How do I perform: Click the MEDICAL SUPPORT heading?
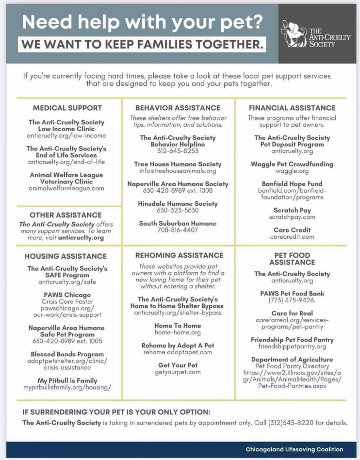[67, 108]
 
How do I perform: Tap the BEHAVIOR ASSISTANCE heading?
[178, 108]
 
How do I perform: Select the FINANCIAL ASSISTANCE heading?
[292, 108]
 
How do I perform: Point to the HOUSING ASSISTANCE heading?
[65, 256]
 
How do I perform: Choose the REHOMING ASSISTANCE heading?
[179, 255]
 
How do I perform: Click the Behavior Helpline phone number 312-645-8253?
[178, 151]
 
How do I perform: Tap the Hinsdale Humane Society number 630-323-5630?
[178, 211]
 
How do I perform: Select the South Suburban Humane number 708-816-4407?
[178, 230]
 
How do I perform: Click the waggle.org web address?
[292, 171]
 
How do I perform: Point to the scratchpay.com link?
[292, 217]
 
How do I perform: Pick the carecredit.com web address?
[292, 237]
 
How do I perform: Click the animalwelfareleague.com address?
[66, 188]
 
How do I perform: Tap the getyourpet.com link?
[178, 372]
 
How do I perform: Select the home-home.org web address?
[178, 332]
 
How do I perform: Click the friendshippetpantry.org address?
[292, 347]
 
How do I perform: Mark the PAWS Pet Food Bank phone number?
[292, 300]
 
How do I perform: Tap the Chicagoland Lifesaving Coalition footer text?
[295, 449]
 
